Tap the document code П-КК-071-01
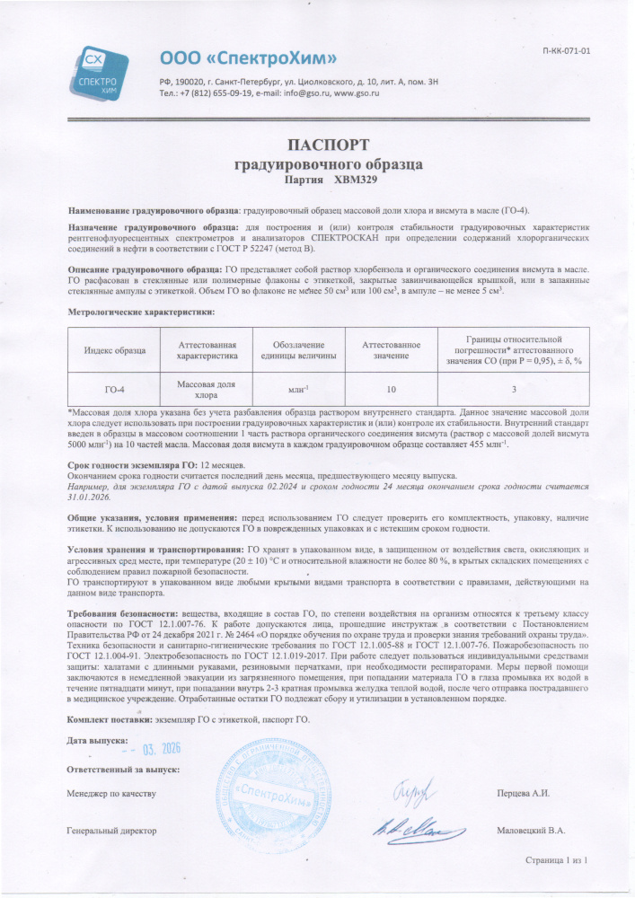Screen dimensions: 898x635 tap(567, 50)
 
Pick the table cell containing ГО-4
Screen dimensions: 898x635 tap(114, 389)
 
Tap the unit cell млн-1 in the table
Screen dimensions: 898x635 tap(297, 389)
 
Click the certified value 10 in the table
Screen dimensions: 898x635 tap(391, 389)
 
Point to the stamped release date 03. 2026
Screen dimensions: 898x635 tap(157, 750)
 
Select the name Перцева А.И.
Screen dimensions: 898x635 tap(523, 794)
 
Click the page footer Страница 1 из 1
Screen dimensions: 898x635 tap(556, 860)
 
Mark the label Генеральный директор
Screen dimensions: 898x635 tap(111, 831)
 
